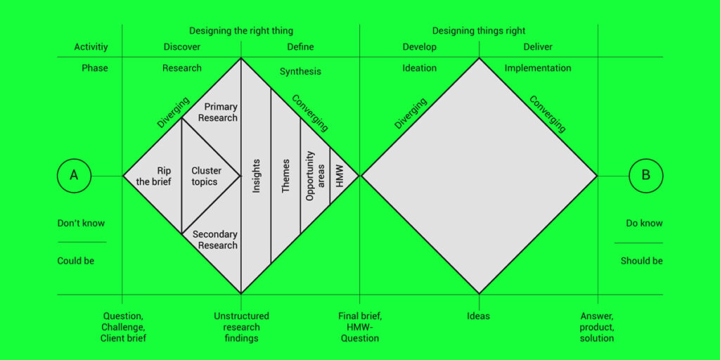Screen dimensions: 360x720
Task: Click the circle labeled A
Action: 74,176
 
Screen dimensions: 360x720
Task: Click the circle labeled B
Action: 645,176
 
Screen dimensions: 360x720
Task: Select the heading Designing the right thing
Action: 241,31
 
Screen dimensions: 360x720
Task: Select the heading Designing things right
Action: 479,31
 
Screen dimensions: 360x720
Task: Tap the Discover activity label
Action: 182,47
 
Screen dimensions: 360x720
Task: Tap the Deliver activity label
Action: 538,47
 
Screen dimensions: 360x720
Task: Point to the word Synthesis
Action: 300,72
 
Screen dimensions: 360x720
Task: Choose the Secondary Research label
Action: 215,240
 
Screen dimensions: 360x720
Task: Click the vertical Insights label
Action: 257,176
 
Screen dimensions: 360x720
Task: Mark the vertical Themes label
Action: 285,176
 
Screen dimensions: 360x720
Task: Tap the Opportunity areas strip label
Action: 314,176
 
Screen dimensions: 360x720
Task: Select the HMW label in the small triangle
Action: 340,176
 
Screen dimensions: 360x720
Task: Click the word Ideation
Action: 420,68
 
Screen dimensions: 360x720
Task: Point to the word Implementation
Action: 538,68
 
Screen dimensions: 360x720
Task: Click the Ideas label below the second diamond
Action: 479,316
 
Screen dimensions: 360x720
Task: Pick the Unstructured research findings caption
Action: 241,327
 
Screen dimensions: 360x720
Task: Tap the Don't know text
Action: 81,224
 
